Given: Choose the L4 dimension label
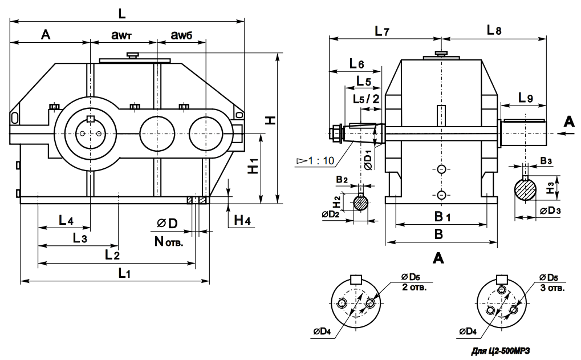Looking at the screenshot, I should tap(66, 220).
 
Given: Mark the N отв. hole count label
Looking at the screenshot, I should tap(169, 242).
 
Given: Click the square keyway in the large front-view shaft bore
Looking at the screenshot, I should tap(90, 119).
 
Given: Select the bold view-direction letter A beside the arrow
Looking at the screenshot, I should tap(567, 122).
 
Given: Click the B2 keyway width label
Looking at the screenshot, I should tap(342, 180).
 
